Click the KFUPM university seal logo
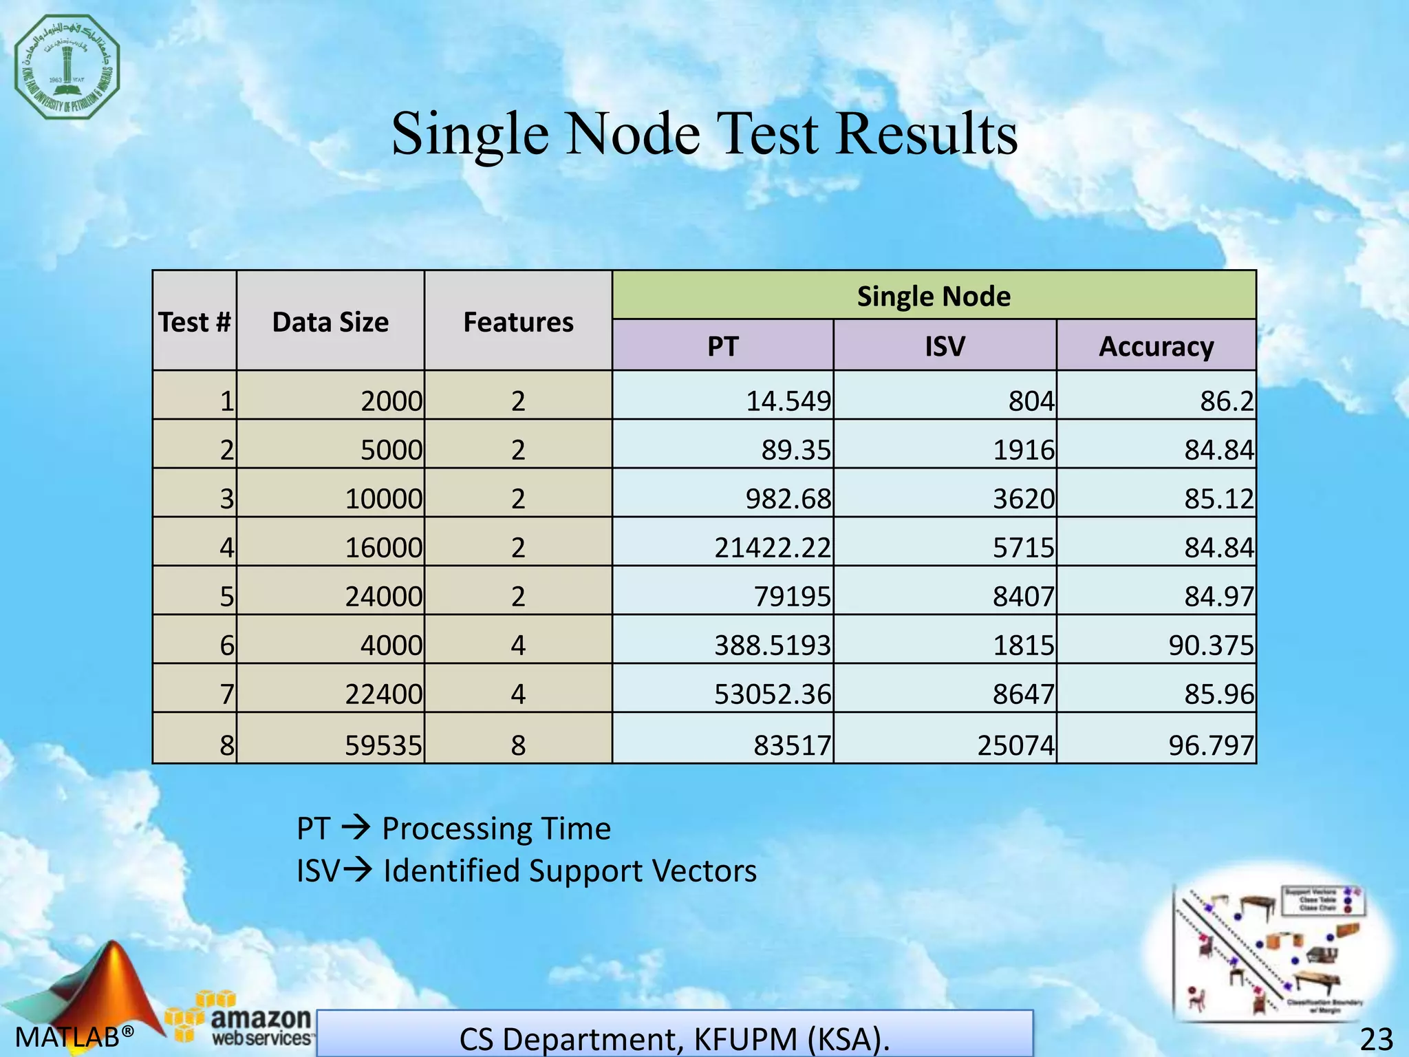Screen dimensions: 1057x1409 coord(67,67)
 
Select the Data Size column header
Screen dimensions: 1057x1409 coord(330,322)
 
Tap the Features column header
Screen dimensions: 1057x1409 coord(518,322)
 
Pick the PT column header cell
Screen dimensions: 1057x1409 coord(722,346)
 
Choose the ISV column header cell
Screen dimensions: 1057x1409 coord(945,346)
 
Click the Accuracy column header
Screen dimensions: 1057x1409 coord(1156,346)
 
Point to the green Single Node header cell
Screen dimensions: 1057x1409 coord(934,297)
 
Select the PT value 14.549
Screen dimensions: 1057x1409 coord(788,401)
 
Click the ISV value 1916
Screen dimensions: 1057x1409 coord(1023,450)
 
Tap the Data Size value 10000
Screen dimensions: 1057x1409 coord(383,499)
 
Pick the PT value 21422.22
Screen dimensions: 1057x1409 coord(772,548)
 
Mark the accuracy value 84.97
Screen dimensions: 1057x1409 coord(1218,597)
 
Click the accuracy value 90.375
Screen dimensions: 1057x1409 coord(1211,645)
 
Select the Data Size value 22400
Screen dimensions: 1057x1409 coord(383,694)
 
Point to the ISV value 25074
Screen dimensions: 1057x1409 coord(1015,745)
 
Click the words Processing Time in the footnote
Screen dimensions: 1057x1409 coord(496,829)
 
